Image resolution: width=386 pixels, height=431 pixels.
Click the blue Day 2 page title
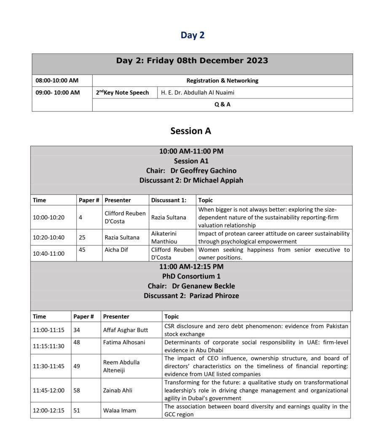(193, 35)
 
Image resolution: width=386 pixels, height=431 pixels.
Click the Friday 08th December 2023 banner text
(192, 61)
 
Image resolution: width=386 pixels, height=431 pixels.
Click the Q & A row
(222, 104)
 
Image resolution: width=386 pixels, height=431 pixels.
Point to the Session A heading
(190, 131)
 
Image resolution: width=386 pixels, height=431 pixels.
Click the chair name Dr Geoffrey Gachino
(203, 170)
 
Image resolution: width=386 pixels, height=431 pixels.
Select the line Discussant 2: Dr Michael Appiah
(191, 180)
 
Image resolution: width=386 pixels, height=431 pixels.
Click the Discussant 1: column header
(168, 200)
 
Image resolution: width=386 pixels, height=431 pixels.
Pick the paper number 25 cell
(82, 237)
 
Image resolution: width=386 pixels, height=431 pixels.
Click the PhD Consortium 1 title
(191, 277)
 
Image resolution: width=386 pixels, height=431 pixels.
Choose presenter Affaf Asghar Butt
(125, 330)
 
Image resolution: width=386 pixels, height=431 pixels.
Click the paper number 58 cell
(77, 390)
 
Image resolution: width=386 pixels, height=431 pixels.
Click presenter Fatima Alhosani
(124, 342)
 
